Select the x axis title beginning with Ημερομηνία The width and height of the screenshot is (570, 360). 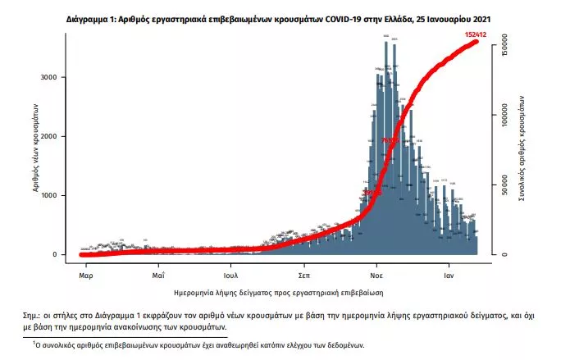tap(280, 292)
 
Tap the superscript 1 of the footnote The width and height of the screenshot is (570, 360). tap(34, 344)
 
